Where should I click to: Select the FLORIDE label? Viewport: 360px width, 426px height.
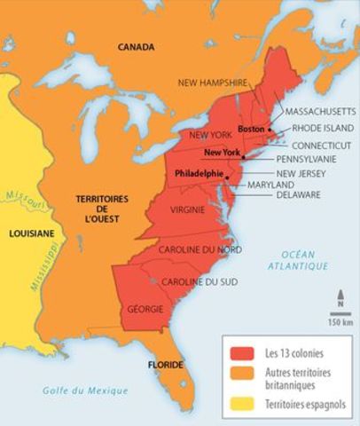[x=165, y=365]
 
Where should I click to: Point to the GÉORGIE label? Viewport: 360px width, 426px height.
[x=145, y=310]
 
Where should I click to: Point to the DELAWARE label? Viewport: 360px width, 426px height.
[x=298, y=193]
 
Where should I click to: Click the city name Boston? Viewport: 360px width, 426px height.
[x=252, y=130]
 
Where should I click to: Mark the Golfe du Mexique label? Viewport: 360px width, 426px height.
[x=85, y=390]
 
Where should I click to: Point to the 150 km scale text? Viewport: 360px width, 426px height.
[x=339, y=321]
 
